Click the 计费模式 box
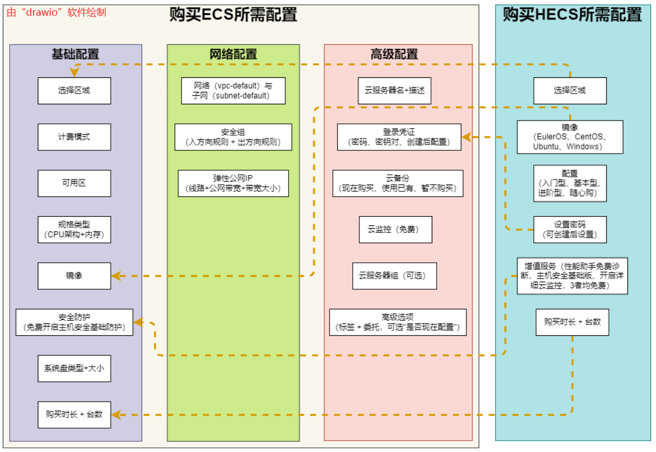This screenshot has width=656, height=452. (x=74, y=137)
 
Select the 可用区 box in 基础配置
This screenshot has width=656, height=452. (x=74, y=183)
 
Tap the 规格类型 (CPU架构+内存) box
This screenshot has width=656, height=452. (x=74, y=229)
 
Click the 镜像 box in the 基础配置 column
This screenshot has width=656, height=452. (x=74, y=276)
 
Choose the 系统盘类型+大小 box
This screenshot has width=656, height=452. (x=74, y=368)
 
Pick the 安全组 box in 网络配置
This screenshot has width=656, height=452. (x=233, y=137)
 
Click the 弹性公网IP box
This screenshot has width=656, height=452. (x=233, y=183)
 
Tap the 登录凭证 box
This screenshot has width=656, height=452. (x=399, y=137)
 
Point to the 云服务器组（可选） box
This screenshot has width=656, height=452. (x=394, y=276)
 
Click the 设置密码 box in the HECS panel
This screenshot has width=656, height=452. (x=570, y=229)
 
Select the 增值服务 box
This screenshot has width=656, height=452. (x=572, y=276)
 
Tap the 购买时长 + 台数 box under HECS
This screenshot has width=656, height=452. (x=572, y=322)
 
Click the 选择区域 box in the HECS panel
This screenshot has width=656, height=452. (x=570, y=90)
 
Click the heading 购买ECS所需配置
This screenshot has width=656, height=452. (x=233, y=15)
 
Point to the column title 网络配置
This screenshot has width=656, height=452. (x=233, y=54)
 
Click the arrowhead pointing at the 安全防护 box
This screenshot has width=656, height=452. (x=138, y=322)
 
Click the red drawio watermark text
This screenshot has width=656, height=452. (x=56, y=12)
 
